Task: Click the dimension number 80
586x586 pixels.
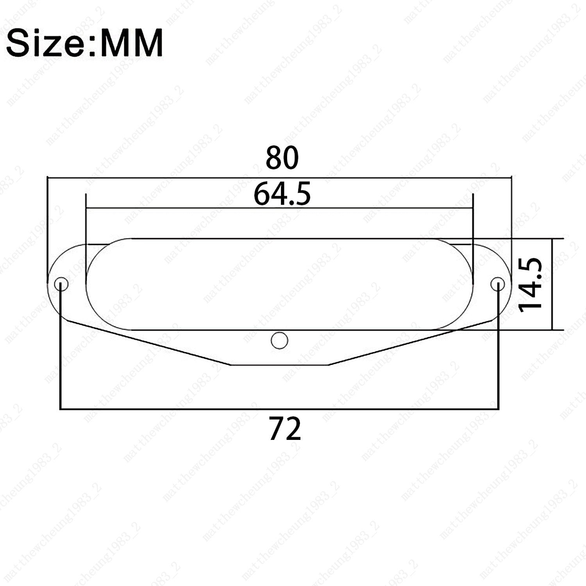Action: pos(282,158)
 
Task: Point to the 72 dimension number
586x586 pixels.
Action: pos(285,429)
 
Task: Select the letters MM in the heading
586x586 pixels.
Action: pos(131,43)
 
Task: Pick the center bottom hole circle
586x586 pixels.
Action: pos(279,341)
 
